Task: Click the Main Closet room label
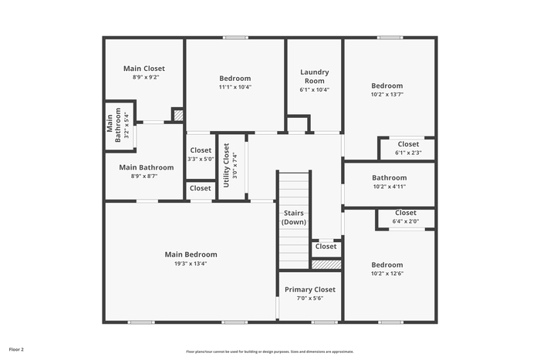143,69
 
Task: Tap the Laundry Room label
314,76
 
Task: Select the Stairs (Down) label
293,217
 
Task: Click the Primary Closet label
309,290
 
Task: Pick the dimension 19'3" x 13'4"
191,264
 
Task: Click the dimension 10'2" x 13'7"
386,94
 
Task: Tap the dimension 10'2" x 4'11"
389,186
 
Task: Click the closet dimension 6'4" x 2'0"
406,221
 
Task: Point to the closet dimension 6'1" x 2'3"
408,153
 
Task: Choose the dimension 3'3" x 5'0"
201,159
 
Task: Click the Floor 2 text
16,349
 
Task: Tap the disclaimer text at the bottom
270,351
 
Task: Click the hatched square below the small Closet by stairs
326,264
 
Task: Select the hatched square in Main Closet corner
177,116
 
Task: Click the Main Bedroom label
191,254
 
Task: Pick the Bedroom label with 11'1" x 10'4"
235,78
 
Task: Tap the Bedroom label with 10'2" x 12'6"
386,264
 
